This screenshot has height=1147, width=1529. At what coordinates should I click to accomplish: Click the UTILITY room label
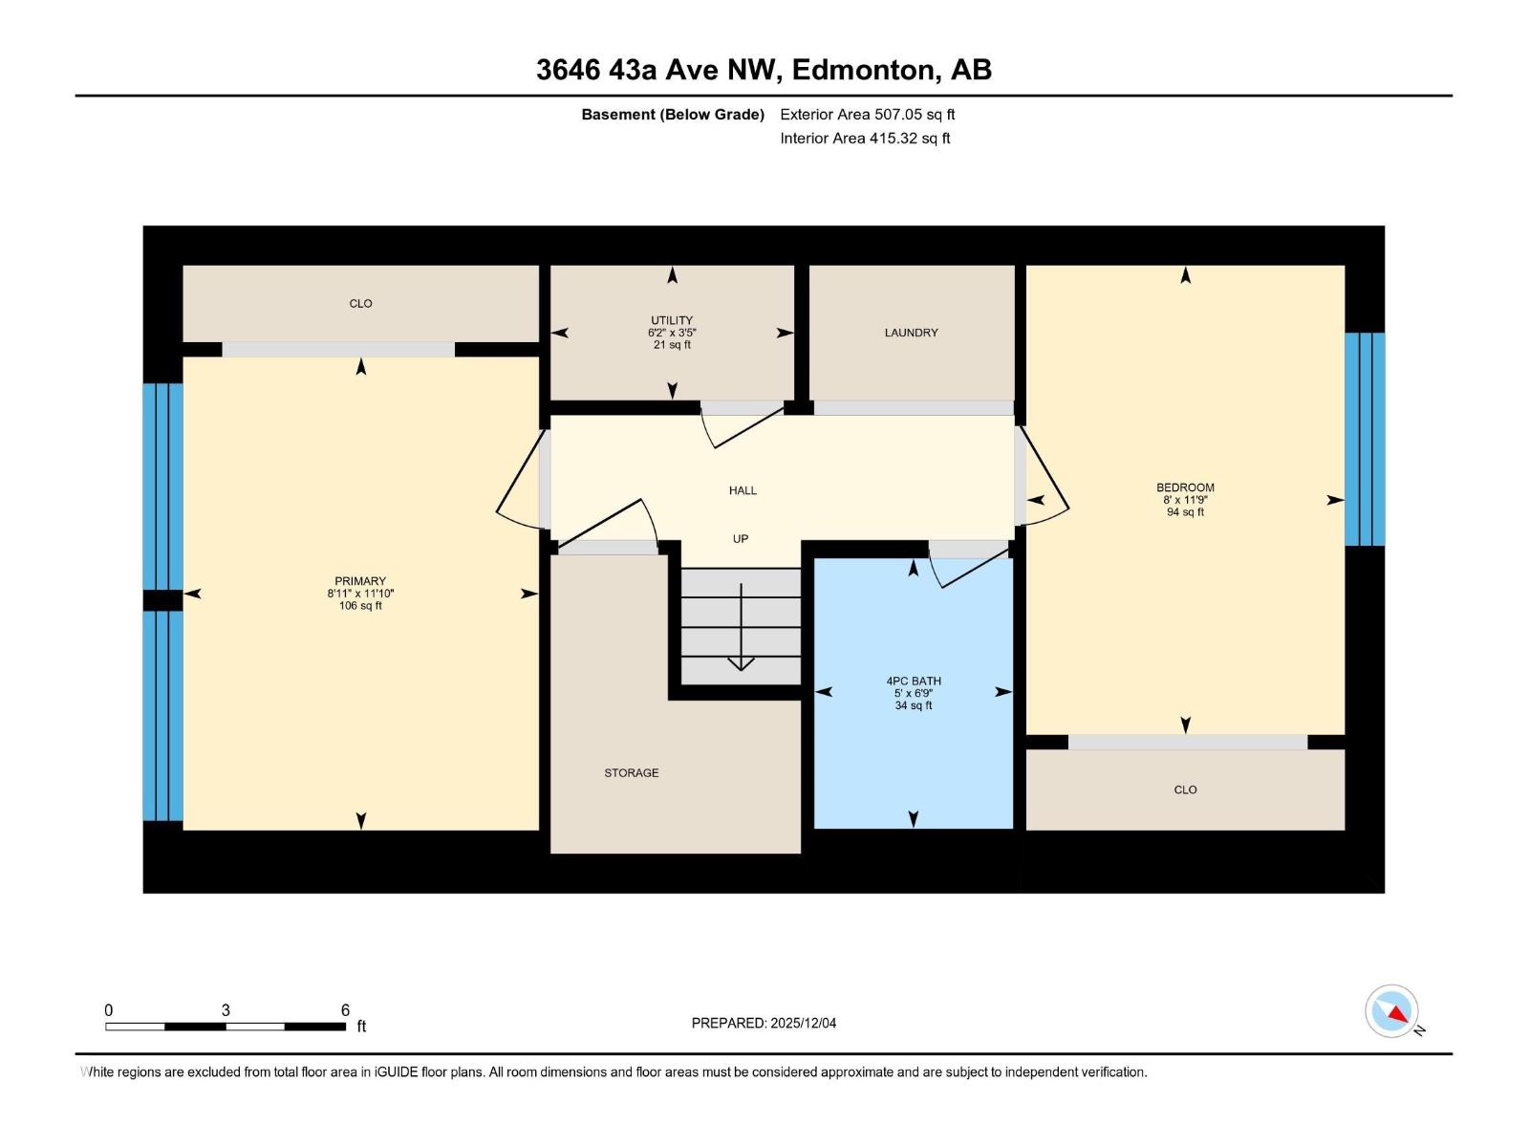[672, 320]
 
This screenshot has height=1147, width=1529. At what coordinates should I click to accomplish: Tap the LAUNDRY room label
[911, 333]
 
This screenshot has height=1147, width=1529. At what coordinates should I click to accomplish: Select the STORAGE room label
[631, 773]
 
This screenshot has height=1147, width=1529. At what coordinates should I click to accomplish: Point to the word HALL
[743, 490]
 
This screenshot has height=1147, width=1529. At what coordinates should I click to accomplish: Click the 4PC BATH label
[914, 682]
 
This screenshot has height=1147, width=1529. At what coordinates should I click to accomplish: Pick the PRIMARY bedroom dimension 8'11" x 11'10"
[360, 594]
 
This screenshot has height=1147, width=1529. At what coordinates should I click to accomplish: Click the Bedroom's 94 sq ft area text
[1185, 512]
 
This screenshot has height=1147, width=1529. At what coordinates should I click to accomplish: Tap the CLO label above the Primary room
[360, 304]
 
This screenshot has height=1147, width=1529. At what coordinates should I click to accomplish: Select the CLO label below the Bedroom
[1185, 790]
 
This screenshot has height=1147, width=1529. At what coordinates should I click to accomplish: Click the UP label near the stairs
[741, 538]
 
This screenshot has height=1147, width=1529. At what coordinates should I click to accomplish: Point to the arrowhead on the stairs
[741, 663]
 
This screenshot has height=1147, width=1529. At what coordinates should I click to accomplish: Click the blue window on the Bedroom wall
[1365, 439]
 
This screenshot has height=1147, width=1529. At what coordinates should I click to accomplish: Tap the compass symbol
[1391, 1011]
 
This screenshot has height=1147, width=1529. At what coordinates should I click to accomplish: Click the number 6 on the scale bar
[345, 1009]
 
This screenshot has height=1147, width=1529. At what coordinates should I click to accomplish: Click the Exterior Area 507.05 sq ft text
[868, 114]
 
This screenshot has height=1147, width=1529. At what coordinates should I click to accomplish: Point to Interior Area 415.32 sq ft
[865, 138]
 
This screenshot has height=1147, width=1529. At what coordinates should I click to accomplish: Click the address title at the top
[764, 70]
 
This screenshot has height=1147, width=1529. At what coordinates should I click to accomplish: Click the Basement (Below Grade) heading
[673, 114]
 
